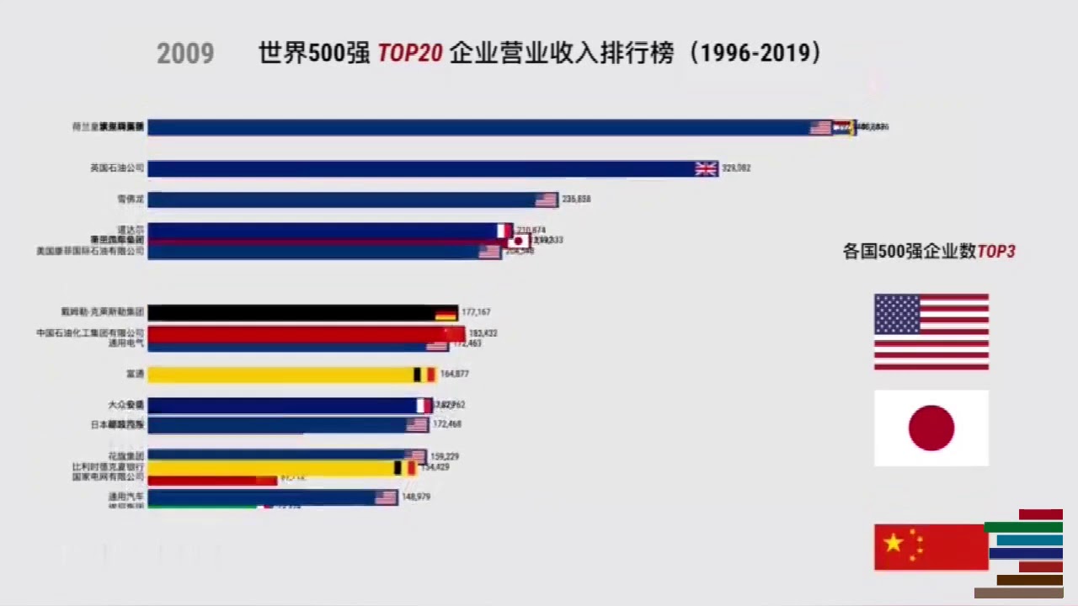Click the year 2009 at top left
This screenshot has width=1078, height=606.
185,54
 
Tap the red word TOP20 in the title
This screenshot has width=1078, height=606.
409,54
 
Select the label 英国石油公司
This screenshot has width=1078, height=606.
117,168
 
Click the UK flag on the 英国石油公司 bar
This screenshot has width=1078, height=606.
706,168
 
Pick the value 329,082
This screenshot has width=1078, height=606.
736,168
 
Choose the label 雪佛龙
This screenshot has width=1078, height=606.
131,199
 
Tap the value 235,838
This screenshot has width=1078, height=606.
576,199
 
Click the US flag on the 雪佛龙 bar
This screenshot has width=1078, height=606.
546,199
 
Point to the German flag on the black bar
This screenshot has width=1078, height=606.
446,314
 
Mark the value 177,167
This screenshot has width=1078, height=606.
476,312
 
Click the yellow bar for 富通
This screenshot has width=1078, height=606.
278,375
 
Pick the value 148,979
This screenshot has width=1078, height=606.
416,497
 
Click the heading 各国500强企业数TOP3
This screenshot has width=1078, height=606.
929,252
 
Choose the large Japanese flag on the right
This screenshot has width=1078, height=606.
931,428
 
